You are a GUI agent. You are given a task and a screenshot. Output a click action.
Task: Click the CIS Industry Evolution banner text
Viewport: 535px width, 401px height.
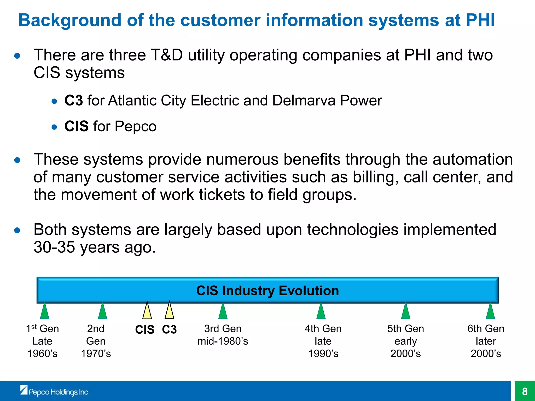[267, 291]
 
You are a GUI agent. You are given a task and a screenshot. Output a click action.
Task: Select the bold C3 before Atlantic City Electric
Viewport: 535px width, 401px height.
[74, 101]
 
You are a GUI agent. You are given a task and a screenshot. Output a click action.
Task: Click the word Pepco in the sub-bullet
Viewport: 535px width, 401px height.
[135, 127]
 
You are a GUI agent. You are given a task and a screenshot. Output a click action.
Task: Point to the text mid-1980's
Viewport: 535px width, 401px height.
[223, 341]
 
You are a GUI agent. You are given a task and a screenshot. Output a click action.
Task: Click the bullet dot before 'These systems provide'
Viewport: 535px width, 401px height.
[17, 160]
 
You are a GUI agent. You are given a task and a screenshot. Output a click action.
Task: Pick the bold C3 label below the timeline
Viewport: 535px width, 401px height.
[169, 329]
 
